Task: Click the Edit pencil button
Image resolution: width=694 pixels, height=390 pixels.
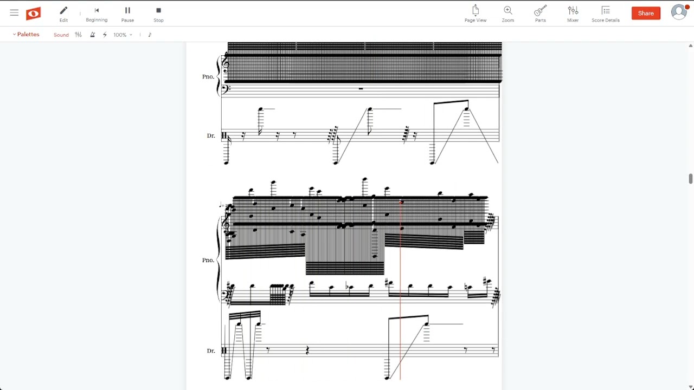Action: point(63,14)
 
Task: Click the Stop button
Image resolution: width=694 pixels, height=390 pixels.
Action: point(158,14)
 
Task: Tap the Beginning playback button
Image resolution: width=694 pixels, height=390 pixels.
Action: point(97,14)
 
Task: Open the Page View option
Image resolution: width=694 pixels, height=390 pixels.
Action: point(475,14)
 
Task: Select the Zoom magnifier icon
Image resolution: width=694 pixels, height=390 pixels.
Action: point(508,14)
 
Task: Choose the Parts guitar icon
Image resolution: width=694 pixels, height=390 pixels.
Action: point(541,14)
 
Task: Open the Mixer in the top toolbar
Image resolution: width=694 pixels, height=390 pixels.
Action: point(573,14)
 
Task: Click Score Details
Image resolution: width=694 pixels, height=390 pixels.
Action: point(606,14)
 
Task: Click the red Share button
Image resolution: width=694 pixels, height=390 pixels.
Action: point(646,14)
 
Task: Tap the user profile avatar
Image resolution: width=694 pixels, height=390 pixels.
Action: point(679,12)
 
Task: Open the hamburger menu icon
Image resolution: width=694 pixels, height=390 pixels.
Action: point(14,12)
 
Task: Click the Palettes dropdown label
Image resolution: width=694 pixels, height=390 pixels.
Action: point(26,34)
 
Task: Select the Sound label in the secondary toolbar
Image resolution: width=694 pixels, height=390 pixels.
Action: point(61,35)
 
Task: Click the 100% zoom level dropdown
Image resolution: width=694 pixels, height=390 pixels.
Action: point(123,35)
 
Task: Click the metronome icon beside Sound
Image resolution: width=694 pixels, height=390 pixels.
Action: point(92,35)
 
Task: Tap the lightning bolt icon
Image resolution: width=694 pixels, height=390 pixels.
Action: point(105,35)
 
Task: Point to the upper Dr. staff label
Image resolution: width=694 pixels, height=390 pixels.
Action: point(211,135)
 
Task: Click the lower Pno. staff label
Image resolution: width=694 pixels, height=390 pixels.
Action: point(208,260)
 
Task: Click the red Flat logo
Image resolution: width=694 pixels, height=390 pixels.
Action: point(33,14)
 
